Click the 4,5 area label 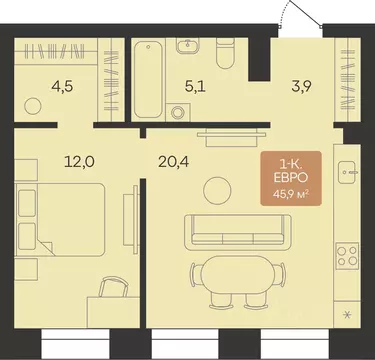62,87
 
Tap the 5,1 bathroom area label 195,87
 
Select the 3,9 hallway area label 301,87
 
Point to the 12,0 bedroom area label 79,162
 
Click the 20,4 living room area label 174,162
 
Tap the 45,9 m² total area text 290,194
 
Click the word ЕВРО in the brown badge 291,178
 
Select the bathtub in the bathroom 148,79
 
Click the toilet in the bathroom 226,53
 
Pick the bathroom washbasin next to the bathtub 188,46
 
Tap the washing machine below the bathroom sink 178,112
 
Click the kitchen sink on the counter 348,172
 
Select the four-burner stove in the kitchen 347,256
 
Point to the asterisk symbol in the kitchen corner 347,314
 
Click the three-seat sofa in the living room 238,232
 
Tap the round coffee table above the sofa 217,191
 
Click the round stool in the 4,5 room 33,106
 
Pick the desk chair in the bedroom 114,287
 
